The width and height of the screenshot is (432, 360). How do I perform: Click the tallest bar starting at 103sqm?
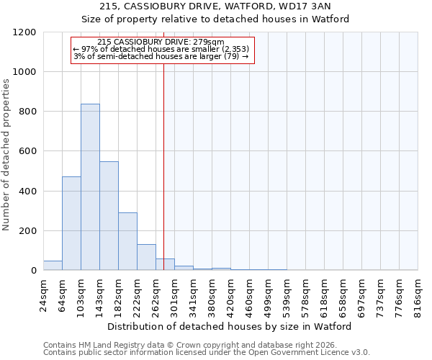(90, 187)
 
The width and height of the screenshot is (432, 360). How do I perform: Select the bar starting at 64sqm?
(71, 223)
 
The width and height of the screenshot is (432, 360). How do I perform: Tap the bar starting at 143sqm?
(109, 216)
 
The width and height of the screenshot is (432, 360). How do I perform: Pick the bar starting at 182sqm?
(127, 241)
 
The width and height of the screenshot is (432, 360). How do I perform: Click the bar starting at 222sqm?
(146, 257)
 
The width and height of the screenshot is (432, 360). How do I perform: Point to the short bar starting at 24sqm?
(53, 266)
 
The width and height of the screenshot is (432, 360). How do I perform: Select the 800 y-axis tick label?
(27, 112)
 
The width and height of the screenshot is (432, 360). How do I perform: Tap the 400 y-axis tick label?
(27, 192)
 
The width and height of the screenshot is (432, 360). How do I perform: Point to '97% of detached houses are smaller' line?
(161, 49)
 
